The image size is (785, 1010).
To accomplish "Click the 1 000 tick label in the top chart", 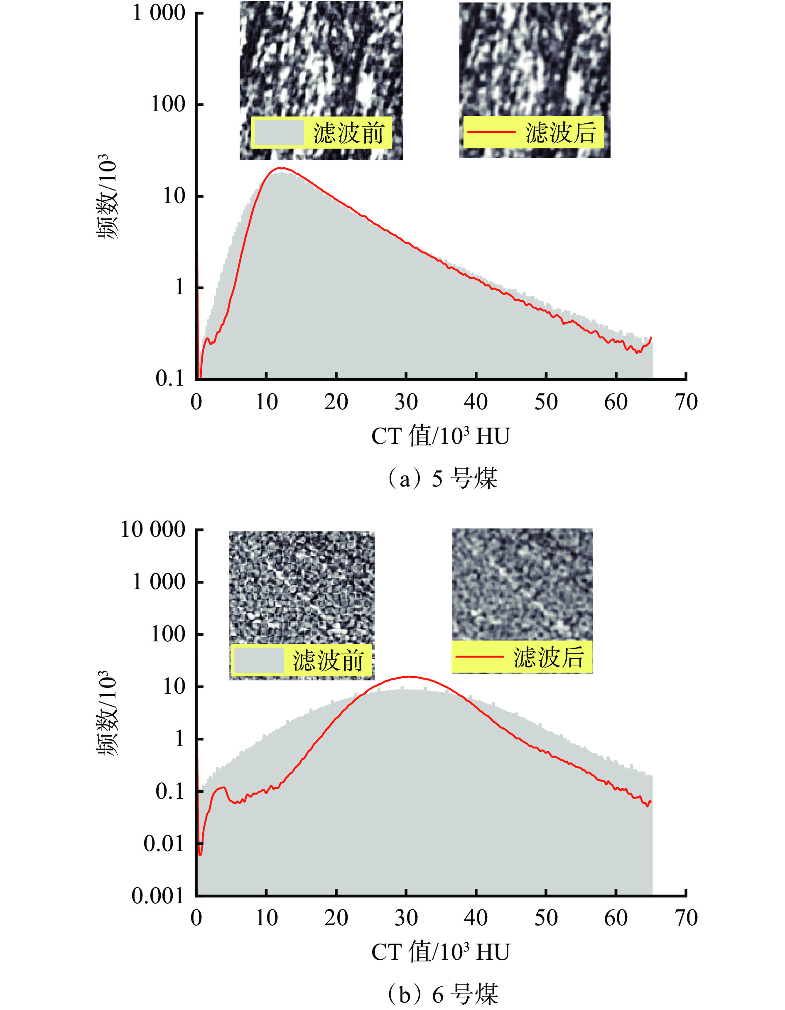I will point(159,12).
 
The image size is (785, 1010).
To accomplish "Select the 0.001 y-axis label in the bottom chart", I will point(158,896).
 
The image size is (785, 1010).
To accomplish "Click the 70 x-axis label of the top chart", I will point(686,402).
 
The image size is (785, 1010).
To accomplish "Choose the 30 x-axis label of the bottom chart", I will point(406,918).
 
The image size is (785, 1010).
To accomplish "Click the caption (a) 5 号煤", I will point(442,478).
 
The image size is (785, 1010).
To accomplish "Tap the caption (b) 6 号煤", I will point(442,994).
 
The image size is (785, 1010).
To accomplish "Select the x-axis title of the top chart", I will point(440,436).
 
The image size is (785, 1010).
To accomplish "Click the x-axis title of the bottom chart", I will point(440,952).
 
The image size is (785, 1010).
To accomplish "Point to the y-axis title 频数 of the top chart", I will point(107,196).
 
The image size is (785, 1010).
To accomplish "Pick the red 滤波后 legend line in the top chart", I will point(491,132).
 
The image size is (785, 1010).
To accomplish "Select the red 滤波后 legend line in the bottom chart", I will point(479,656).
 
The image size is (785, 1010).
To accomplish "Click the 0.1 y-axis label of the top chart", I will point(170,378).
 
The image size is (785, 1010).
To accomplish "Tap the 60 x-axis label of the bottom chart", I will point(616,918).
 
